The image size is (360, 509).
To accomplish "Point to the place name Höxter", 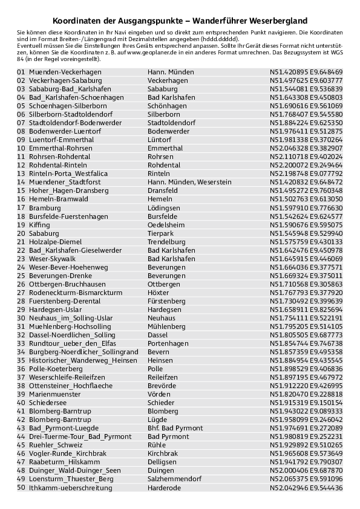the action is point(159,293).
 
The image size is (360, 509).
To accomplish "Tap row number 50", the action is point(21,488).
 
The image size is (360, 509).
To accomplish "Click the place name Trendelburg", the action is point(166,242).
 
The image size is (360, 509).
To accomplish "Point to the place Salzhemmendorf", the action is point(174,479).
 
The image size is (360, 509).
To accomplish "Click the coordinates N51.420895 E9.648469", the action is point(306,72).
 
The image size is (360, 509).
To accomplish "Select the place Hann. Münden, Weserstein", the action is point(189,182).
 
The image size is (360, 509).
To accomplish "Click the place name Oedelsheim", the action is point(166,225).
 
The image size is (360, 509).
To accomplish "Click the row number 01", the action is point(21,72).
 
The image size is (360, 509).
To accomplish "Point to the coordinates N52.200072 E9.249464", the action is point(306,165).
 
